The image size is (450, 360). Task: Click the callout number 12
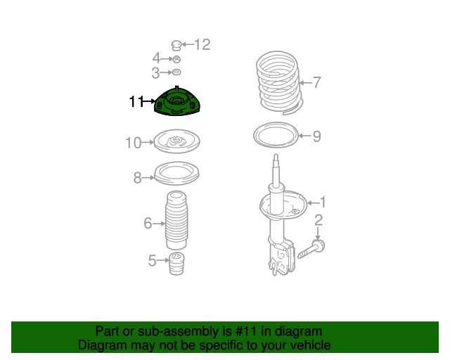click(x=202, y=45)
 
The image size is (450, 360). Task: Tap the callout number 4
click(x=156, y=58)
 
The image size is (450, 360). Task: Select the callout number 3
click(x=155, y=72)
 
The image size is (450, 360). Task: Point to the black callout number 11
click(x=136, y=103)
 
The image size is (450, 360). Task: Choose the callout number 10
click(x=134, y=143)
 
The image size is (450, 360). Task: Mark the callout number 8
click(x=138, y=178)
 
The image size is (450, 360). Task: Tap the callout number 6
click(x=148, y=224)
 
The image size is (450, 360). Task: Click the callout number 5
click(x=152, y=262)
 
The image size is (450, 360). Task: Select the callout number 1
click(x=323, y=202)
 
